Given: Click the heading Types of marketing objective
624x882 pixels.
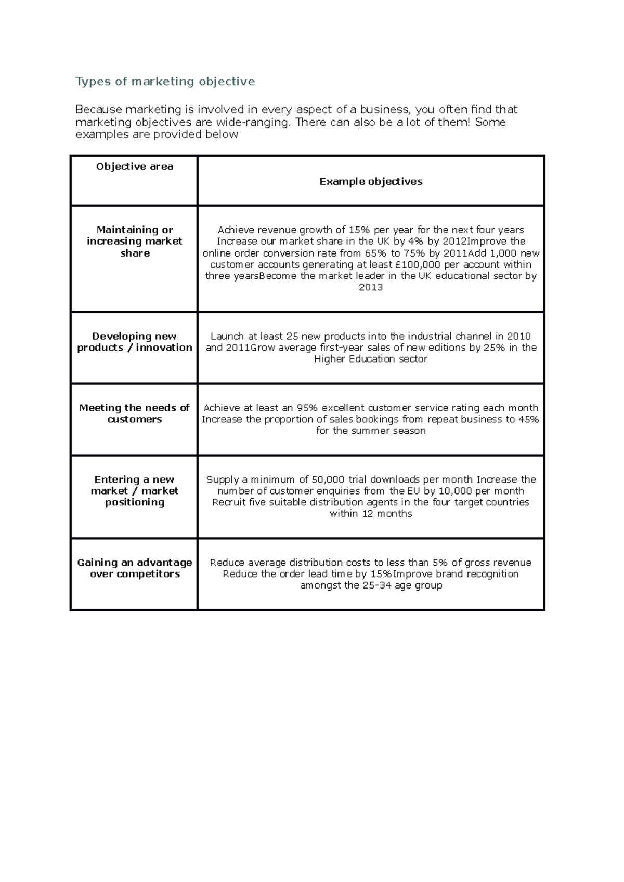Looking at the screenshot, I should [165, 82].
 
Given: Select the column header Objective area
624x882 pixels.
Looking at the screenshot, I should [135, 167].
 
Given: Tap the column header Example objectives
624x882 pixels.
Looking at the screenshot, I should [371, 182].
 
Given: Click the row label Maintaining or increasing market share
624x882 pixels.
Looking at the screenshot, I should [135, 242].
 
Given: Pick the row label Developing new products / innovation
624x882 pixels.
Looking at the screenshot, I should [135, 342].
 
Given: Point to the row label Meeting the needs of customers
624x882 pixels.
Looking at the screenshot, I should [135, 413].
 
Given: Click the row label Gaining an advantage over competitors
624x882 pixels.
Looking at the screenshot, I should [135, 568].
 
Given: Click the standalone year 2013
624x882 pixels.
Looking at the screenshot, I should [371, 287].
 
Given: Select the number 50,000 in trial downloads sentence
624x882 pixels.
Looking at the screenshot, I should [328, 479].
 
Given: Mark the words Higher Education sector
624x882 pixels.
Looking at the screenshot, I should [371, 359].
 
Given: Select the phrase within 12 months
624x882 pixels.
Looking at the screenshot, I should [371, 514].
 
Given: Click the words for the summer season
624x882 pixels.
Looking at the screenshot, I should [371, 431].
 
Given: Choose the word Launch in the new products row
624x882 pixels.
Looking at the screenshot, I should [227, 336].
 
